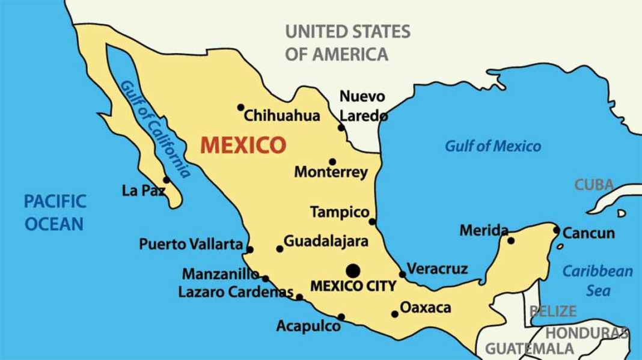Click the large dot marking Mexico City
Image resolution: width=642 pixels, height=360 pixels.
[x=353, y=270]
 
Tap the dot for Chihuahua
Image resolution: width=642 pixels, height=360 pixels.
[x=240, y=108]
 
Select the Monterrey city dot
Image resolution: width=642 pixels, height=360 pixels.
[x=332, y=162]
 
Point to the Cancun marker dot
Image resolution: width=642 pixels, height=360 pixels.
[x=557, y=230]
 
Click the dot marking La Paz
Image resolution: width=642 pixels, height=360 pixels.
[x=167, y=180]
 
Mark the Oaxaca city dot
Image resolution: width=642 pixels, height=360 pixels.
[x=394, y=314]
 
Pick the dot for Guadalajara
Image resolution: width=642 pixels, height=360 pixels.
[x=280, y=248]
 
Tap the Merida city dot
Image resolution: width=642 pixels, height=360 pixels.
[x=511, y=240]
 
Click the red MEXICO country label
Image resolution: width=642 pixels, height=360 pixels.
[x=242, y=145]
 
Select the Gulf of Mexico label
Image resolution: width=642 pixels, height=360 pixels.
[x=492, y=146]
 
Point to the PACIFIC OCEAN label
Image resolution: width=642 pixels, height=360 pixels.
[x=54, y=212]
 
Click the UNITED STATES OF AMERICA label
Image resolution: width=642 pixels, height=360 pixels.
[x=347, y=43]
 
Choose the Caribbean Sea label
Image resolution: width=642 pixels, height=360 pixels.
[x=598, y=281]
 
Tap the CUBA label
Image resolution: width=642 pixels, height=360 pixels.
[x=594, y=185]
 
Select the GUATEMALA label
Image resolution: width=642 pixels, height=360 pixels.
[x=529, y=348]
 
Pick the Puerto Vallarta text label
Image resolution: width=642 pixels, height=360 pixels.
[x=191, y=245]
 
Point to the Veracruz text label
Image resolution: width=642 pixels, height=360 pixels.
[x=437, y=269]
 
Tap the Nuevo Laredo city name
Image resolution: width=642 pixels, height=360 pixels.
[x=362, y=106]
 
